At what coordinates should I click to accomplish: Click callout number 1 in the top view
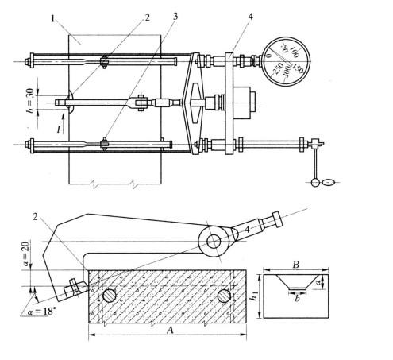coord(53,19)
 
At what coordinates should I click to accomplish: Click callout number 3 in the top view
coord(175,16)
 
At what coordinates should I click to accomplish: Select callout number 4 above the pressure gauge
coord(250,17)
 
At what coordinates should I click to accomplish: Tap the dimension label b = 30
coord(31,101)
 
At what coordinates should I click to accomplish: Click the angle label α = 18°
coord(42,312)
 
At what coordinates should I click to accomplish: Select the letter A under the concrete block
coord(170,330)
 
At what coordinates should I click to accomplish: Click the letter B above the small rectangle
coord(296,265)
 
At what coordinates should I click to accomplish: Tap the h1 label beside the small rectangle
coord(254,296)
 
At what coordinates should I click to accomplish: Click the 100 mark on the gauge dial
coord(295,52)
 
